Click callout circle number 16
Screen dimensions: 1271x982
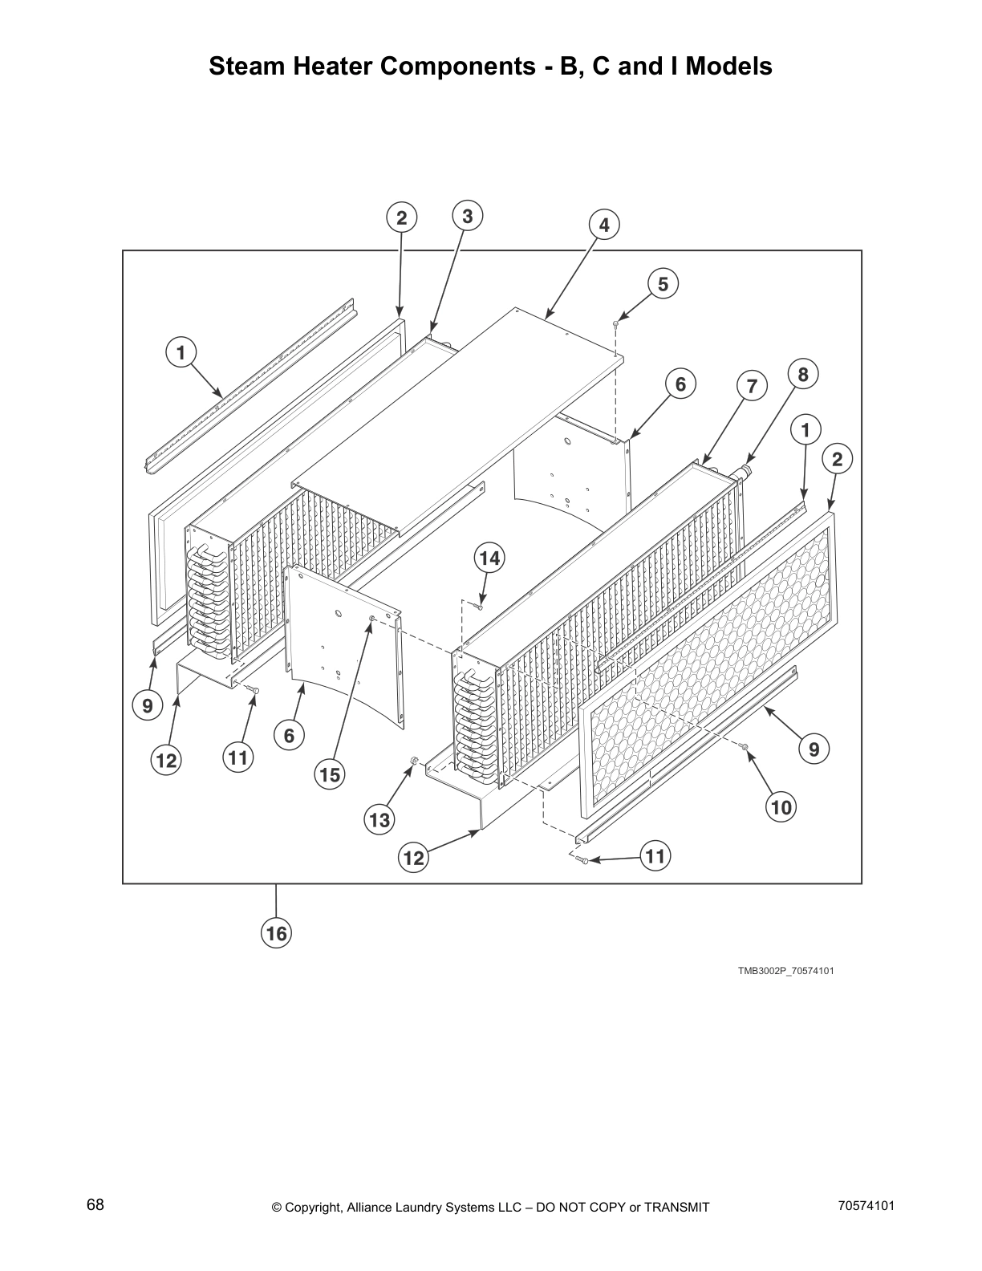coord(276,933)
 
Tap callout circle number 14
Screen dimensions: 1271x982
coord(489,558)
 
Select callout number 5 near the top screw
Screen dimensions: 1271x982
coord(663,284)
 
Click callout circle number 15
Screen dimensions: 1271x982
coord(330,775)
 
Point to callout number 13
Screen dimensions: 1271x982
coord(379,819)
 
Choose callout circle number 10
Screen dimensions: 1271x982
coord(781,806)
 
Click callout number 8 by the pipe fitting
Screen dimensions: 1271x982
coord(802,374)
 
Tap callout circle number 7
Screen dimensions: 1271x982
coord(751,386)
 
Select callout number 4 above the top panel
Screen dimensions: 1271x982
coord(604,225)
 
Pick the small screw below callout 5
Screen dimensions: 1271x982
coord(615,324)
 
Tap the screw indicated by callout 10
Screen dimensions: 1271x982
coord(745,748)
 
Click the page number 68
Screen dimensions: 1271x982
coord(95,1205)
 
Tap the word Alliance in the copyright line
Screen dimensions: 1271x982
coord(374,1208)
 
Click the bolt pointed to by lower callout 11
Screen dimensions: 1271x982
coord(582,860)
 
